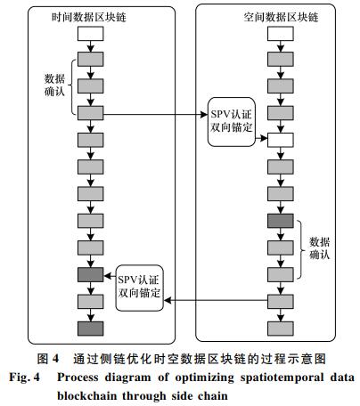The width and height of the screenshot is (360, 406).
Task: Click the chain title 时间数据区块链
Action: point(89,17)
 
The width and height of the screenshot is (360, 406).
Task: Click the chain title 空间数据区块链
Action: point(281,17)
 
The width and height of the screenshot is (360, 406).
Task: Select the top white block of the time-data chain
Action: point(91,34)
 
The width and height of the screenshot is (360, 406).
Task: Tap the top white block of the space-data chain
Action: point(281,34)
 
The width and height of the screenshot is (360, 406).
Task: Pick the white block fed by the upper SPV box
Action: point(281,140)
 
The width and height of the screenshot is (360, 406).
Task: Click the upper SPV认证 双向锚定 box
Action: point(232,122)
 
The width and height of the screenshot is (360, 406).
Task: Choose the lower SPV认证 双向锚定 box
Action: point(139,288)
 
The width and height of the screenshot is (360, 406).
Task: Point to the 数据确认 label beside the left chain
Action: point(54,85)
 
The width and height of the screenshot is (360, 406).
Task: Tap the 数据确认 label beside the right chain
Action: point(320,248)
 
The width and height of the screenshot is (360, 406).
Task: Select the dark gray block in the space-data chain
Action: point(281,221)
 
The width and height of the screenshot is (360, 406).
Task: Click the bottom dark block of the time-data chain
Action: point(91,329)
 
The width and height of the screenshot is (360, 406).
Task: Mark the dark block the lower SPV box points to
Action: point(91,274)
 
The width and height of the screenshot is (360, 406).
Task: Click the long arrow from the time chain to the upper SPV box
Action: point(156,114)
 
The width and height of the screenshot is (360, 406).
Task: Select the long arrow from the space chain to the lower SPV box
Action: point(216,300)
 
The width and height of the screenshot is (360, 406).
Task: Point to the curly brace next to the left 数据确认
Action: point(70,86)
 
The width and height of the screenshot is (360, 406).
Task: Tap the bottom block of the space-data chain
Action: point(281,329)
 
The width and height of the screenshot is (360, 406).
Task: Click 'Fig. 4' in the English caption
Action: point(24,378)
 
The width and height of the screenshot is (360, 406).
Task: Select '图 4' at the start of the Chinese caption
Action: point(48,359)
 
